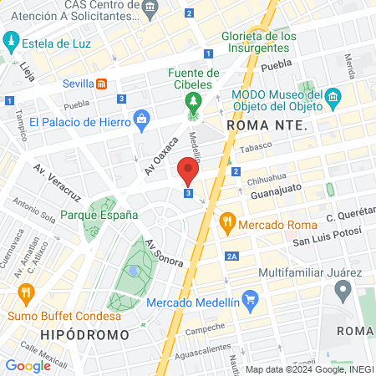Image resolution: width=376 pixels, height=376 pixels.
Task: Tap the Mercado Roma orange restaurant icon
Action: click(226, 223)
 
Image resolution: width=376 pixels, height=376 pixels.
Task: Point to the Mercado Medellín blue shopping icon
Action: click(249, 299)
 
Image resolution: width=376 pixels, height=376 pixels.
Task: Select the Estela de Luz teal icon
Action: click(11, 39)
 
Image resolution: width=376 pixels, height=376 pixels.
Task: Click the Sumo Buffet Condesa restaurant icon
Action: click(26, 293)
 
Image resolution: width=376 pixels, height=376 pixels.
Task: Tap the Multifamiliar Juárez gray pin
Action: click(342, 291)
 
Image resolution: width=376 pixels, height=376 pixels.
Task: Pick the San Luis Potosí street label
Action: click(326, 242)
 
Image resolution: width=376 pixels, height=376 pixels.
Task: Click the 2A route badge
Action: click(232, 256)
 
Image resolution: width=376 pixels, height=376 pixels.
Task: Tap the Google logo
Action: click(28, 365)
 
